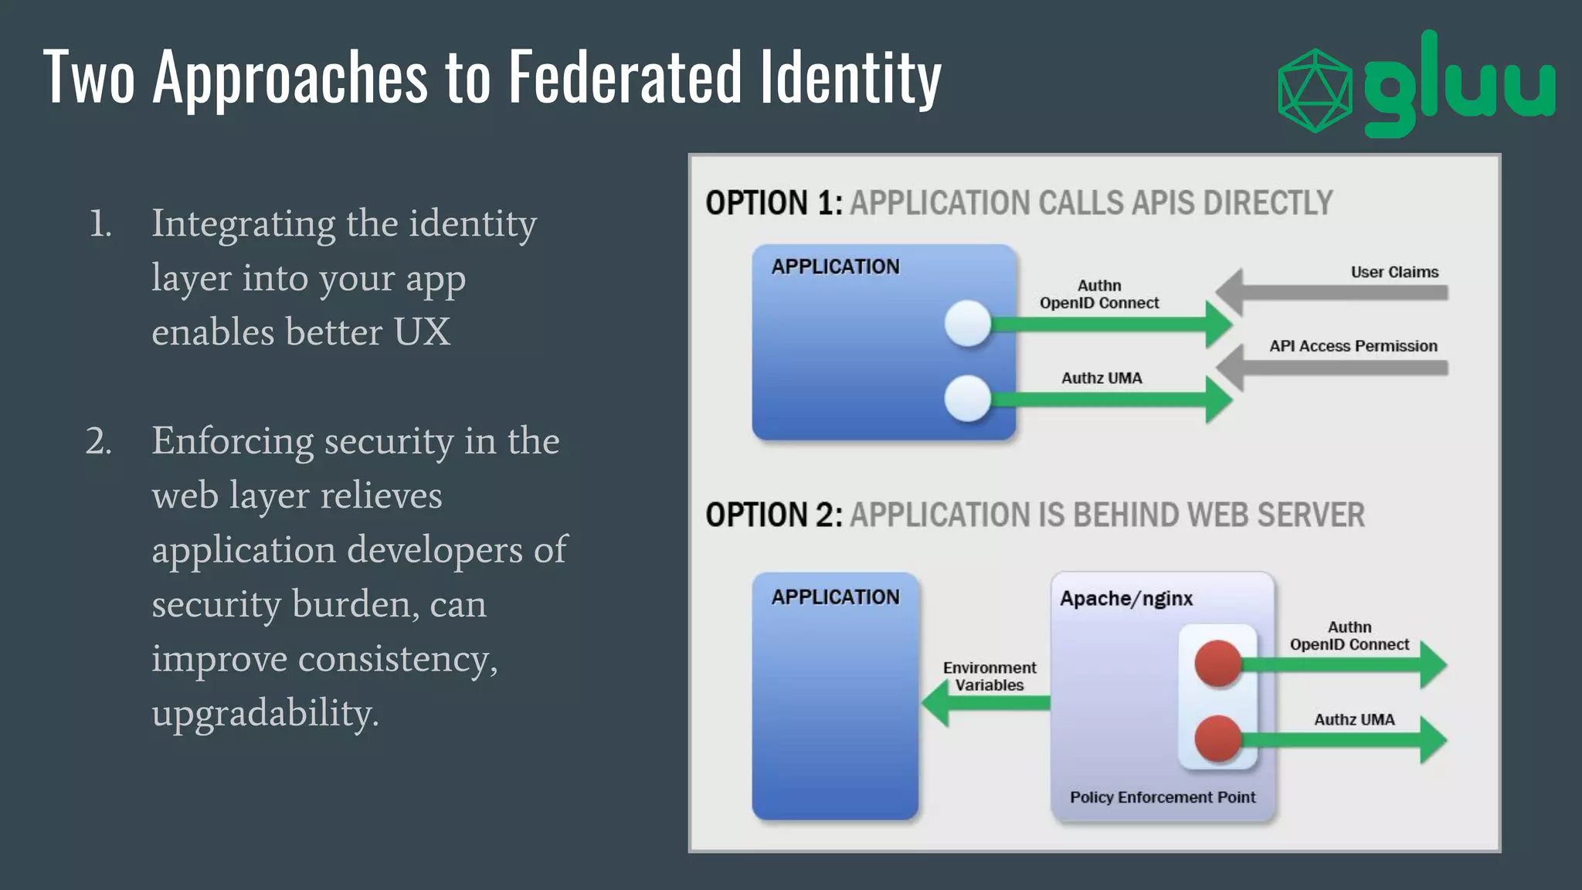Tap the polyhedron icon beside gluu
pos(1315,90)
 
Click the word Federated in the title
pos(624,76)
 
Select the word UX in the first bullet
pos(422,332)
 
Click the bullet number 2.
pos(99,442)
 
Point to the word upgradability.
pos(265,713)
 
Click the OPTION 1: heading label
pos(773,203)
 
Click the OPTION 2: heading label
pos(773,515)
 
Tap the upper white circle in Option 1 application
pos(968,323)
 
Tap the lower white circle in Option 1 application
pos(968,399)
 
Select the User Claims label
pos(1394,272)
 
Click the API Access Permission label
pos(1353,346)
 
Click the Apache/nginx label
pos(1125,599)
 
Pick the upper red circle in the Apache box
pos(1218,663)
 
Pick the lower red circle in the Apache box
pos(1218,739)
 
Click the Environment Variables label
pos(989,676)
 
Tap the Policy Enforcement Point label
pos(1162,797)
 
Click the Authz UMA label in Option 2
pos(1354,720)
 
